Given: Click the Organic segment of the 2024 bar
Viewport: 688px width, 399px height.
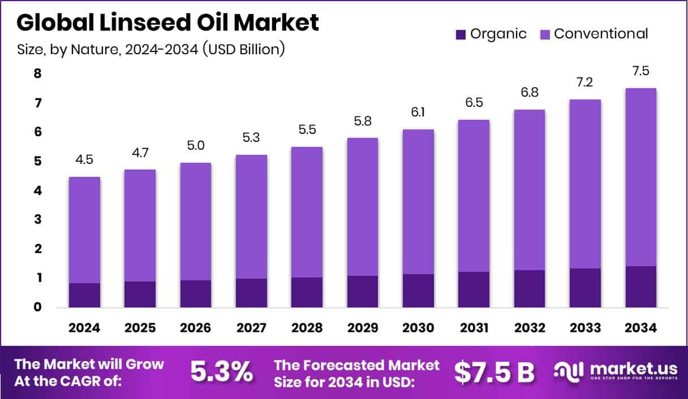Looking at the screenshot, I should [x=84, y=295].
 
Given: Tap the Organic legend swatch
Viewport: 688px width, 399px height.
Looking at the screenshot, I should [x=460, y=34].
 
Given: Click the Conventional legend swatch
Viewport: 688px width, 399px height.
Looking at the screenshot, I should [x=544, y=34].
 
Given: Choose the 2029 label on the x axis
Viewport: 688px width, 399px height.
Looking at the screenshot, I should [x=362, y=328].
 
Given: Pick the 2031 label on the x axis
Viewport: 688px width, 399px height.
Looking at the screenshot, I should [x=473, y=328].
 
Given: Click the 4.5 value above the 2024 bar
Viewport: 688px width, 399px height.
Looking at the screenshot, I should [x=84, y=160].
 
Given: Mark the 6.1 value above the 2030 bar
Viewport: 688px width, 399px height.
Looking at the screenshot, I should [x=418, y=112].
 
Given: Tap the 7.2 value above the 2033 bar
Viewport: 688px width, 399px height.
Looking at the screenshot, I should [x=584, y=83].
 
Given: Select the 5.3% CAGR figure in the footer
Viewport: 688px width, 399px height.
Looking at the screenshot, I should [x=221, y=371].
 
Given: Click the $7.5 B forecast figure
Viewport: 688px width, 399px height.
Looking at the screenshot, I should [x=494, y=371].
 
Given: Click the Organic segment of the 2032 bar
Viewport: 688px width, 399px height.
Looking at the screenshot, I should [x=529, y=289].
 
